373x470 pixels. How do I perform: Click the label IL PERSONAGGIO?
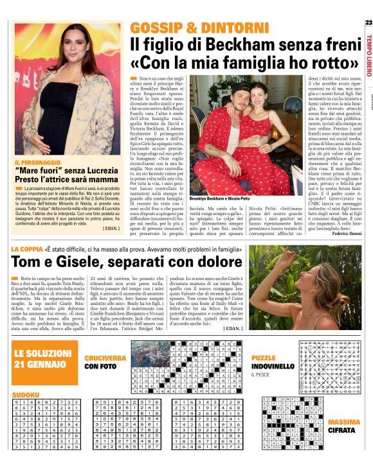37,163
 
